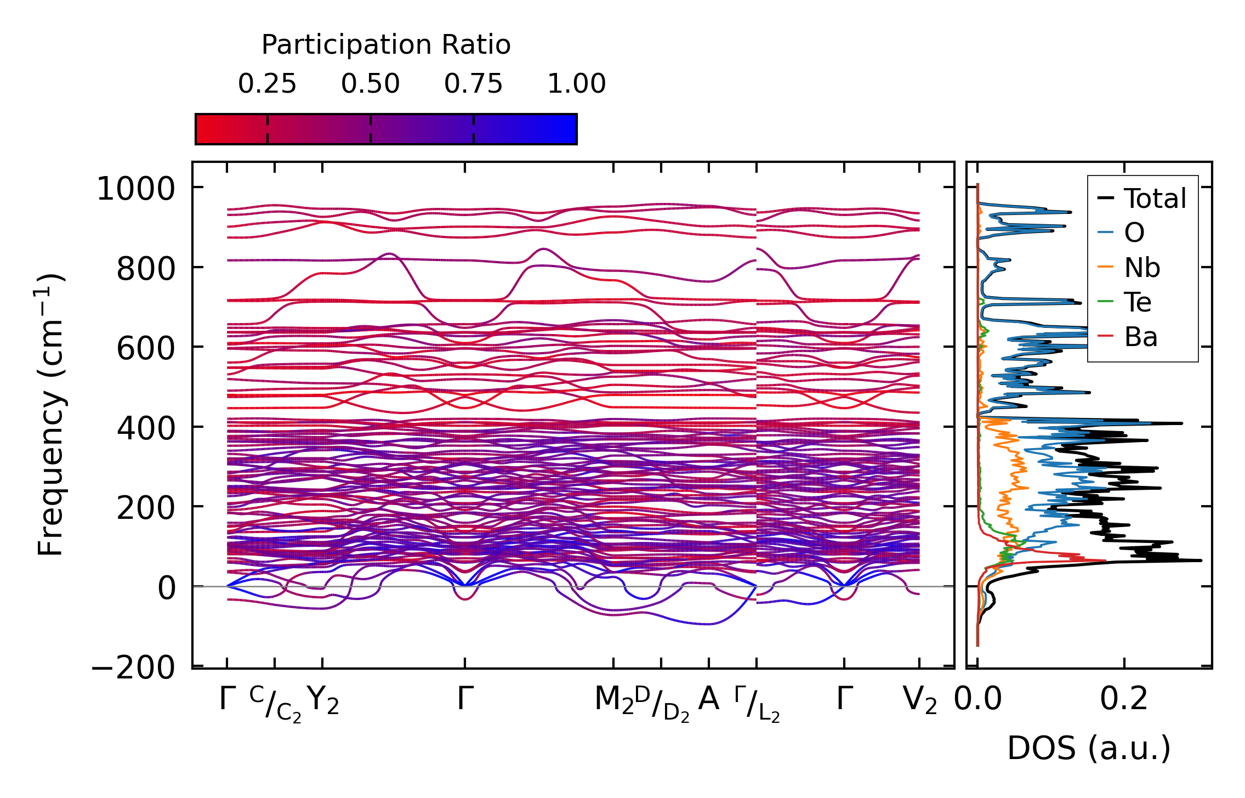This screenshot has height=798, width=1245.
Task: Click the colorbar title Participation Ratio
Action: click(385, 45)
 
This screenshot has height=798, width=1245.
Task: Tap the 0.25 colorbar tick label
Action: click(267, 84)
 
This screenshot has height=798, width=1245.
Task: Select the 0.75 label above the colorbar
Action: click(473, 84)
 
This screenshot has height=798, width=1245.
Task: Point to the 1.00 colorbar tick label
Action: click(576, 84)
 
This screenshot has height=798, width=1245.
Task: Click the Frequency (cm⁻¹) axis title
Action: click(51, 415)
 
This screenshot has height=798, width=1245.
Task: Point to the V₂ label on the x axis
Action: click(919, 700)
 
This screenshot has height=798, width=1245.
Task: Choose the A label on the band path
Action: click(708, 699)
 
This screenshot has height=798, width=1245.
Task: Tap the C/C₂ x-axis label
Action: click(275, 704)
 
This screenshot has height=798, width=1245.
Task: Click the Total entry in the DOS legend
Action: click(1155, 199)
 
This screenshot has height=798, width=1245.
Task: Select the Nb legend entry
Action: click(1142, 268)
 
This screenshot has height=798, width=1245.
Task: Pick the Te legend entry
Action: click(1138, 302)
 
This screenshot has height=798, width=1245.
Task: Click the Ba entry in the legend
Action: click(1141, 337)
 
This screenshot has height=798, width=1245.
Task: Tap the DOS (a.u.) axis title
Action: click(1089, 749)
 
